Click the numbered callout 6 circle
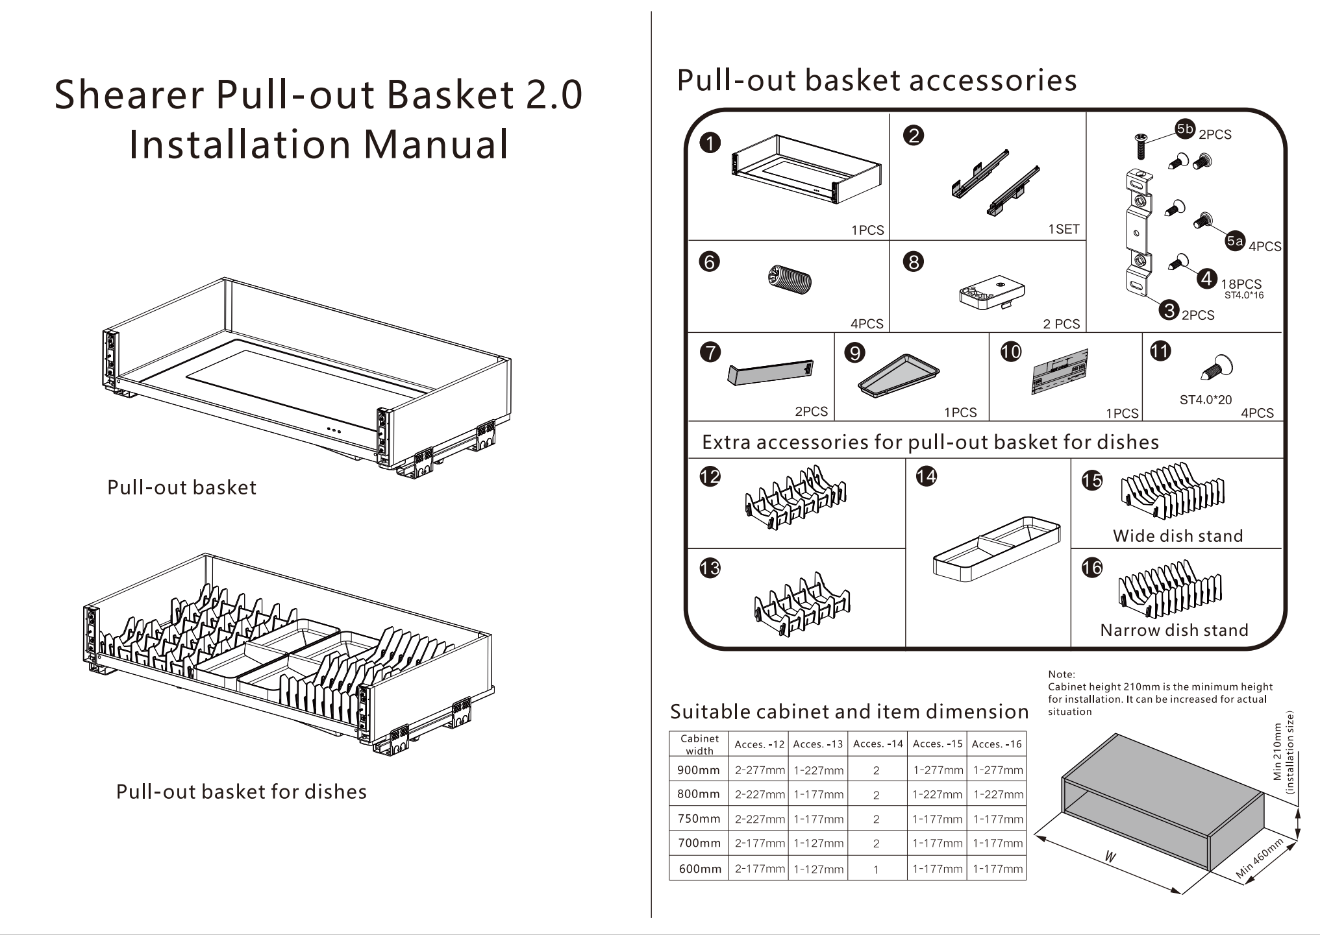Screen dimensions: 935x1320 point(709,262)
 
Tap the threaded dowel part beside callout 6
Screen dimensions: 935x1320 point(790,280)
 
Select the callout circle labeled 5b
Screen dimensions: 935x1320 point(1185,128)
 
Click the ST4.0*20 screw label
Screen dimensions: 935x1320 point(1205,400)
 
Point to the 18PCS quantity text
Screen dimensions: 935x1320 point(1241,284)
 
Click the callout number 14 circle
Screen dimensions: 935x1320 point(926,476)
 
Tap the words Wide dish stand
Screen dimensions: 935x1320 point(1178,536)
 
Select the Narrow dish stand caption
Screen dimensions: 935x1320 point(1174,630)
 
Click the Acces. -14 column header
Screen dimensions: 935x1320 point(878,744)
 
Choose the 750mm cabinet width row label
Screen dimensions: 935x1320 point(699,819)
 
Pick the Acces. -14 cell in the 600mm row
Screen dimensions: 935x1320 point(876,869)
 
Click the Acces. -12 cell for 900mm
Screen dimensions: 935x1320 point(760,771)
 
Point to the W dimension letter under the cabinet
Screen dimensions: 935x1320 point(1110,857)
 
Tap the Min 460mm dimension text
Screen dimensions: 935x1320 point(1259,858)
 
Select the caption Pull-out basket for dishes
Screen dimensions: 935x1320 point(242,792)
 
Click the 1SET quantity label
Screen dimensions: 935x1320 point(1063,229)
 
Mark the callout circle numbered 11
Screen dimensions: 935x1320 point(1160,351)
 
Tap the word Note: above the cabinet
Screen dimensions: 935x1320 point(1061,674)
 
